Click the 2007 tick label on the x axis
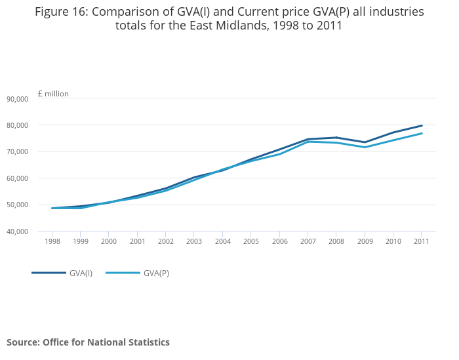pos(308,241)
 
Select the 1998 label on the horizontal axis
pos(52,241)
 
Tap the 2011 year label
pos(422,241)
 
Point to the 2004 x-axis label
pos(222,241)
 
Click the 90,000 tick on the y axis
pos(17,99)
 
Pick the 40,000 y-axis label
pos(17,231)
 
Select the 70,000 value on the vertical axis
pos(17,151)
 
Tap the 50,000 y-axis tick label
pos(17,205)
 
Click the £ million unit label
pos(53,94)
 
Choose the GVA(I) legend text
pos(81,273)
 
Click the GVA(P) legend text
pos(156,273)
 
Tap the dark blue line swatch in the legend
pos(49,273)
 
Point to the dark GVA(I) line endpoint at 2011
pos(422,125)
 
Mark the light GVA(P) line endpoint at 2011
pos(422,133)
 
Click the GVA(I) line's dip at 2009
pos(365,142)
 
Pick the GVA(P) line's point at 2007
pos(308,142)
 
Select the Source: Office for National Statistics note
pos(88,342)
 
